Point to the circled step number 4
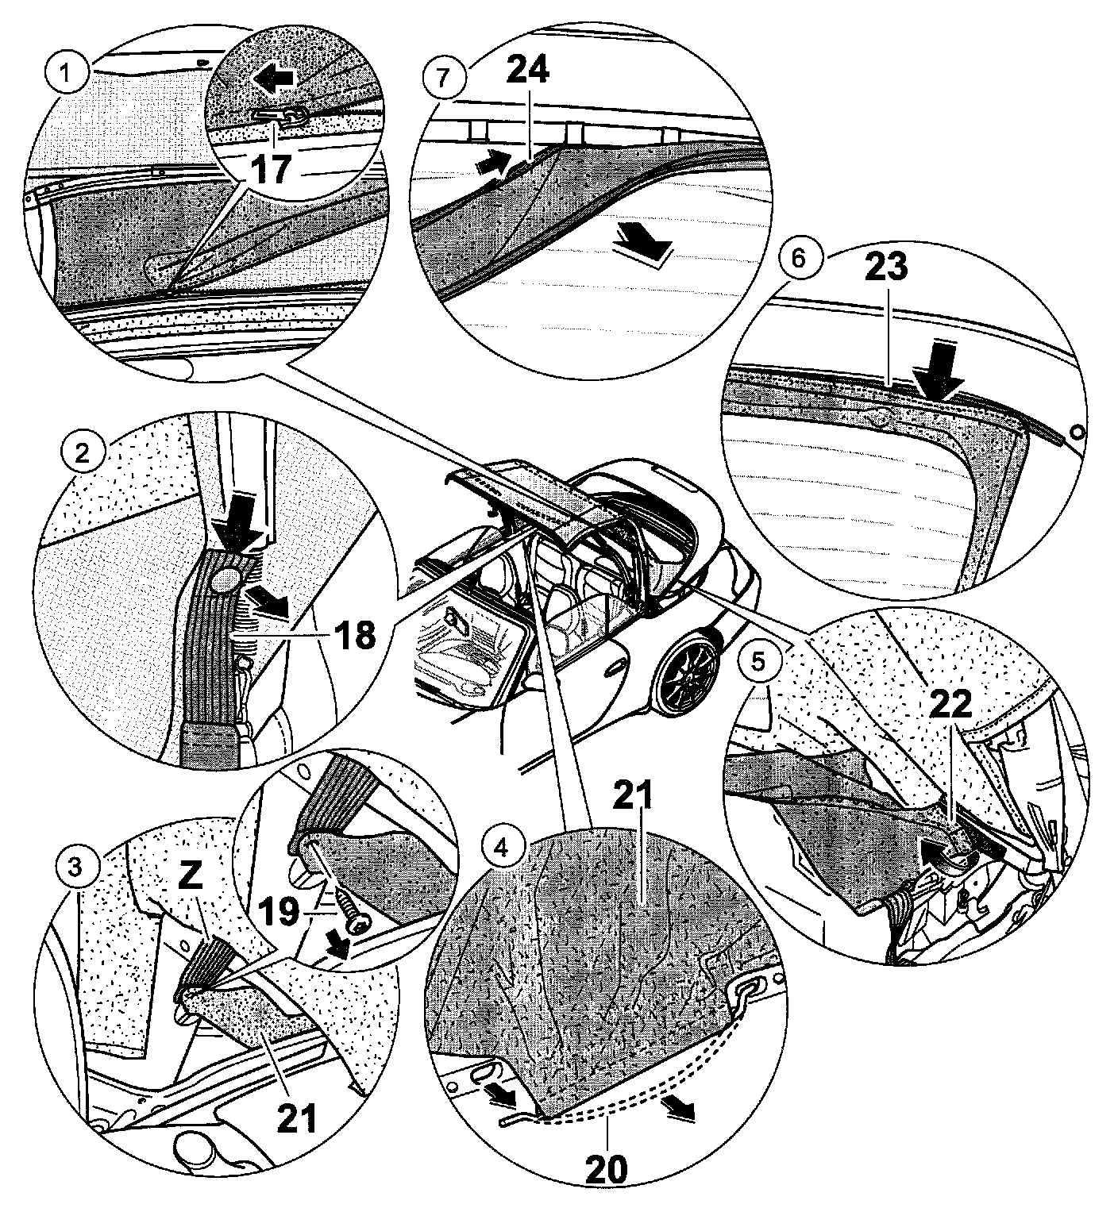click(x=499, y=848)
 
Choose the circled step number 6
click(x=798, y=259)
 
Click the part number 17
click(x=271, y=167)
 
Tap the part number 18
click(x=354, y=634)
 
